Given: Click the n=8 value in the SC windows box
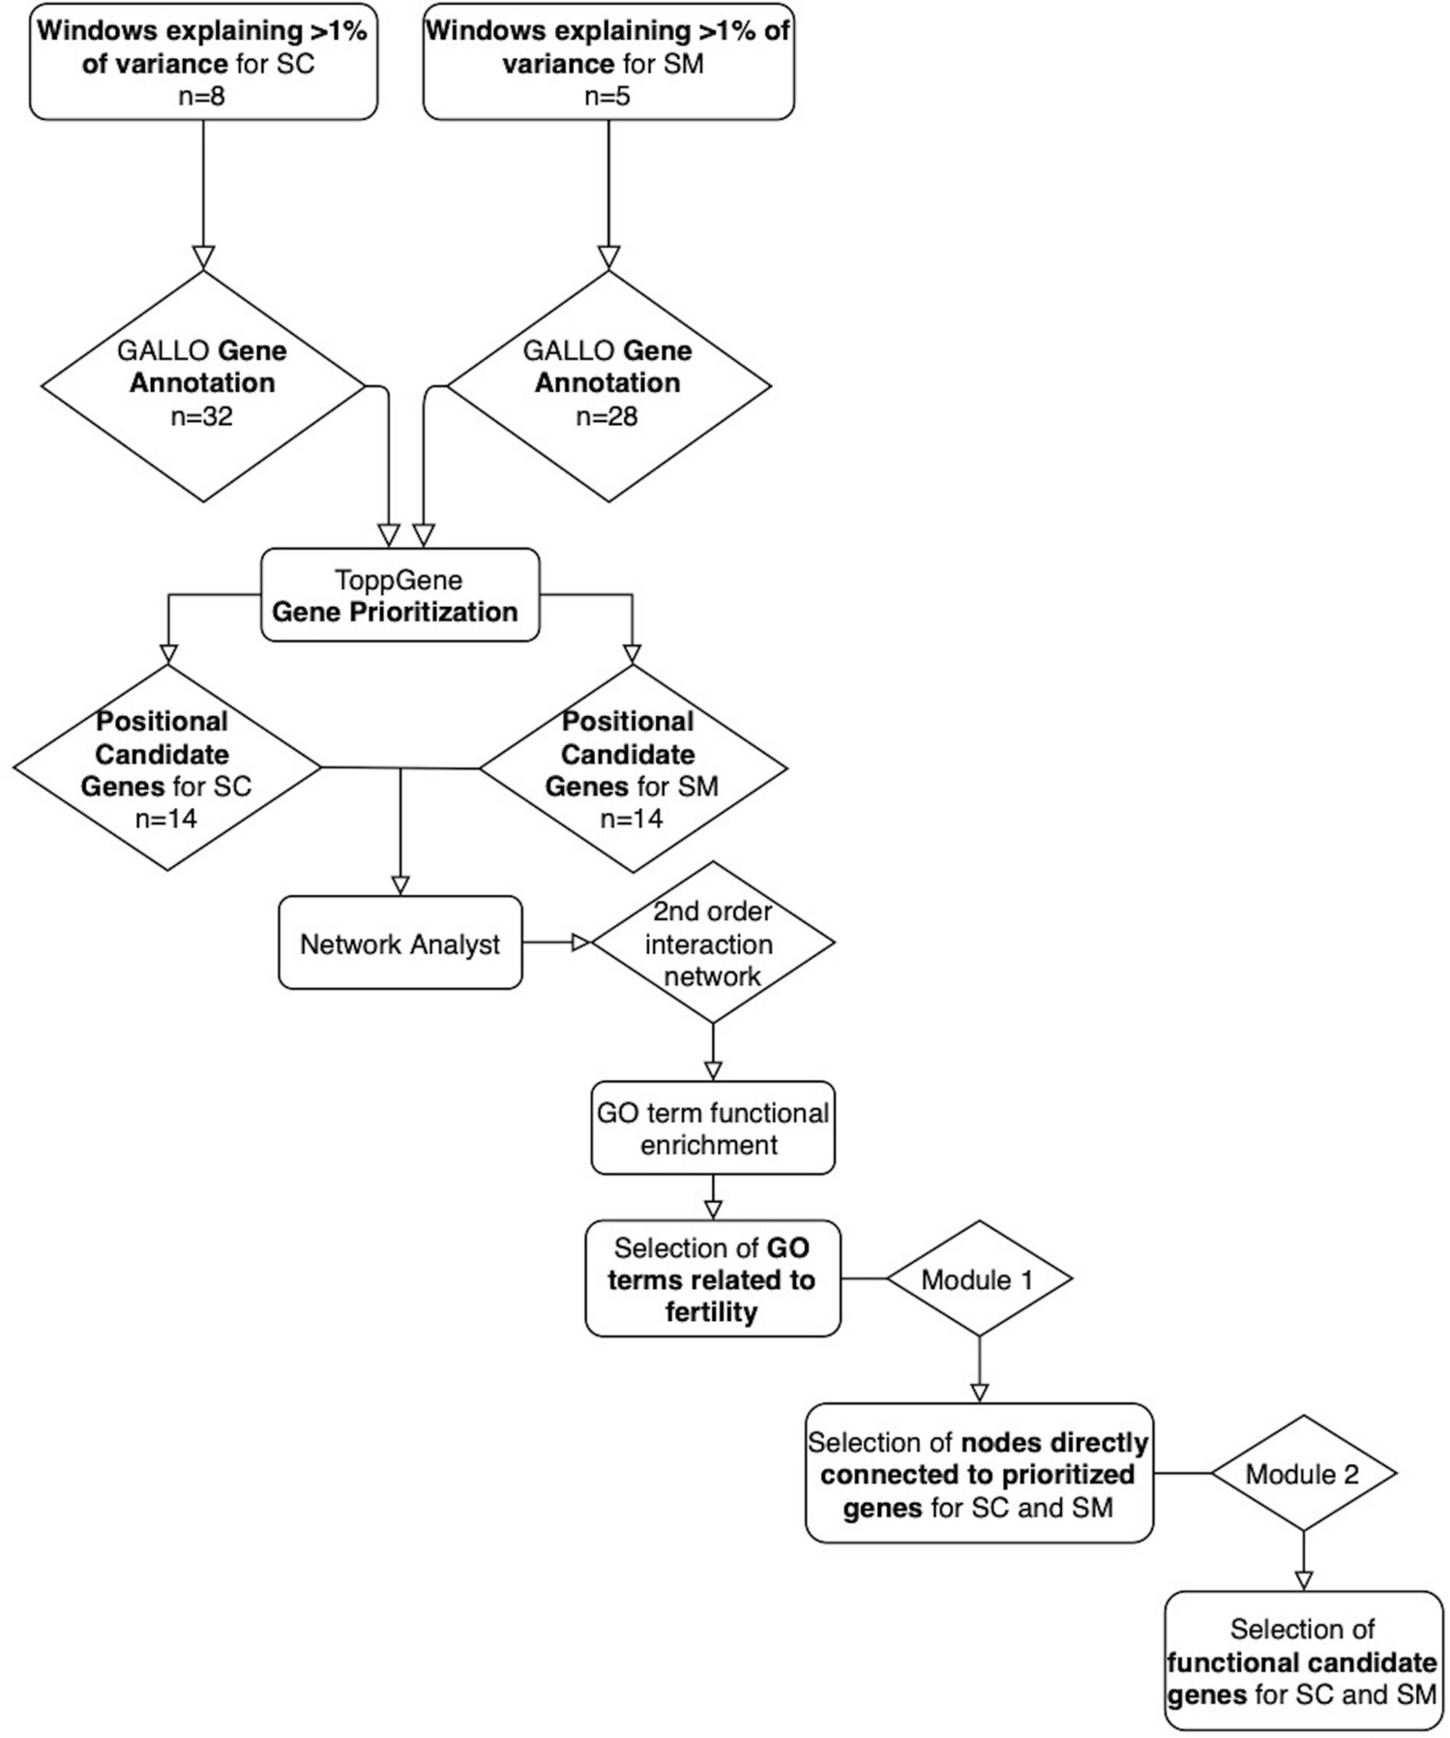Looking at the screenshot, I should tap(202, 96).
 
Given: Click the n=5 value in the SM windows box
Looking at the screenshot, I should tap(607, 96).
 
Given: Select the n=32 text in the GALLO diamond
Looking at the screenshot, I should tap(202, 416).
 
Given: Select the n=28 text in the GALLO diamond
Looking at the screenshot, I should tap(607, 416).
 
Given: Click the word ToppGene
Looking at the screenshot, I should tap(399, 580).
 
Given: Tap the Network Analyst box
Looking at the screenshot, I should tap(399, 944).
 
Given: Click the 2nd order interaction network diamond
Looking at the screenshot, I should tap(712, 944).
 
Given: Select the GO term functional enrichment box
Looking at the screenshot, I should tap(712, 1128).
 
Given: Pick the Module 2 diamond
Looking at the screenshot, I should tap(1302, 1474).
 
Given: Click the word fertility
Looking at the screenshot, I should tap(711, 1312).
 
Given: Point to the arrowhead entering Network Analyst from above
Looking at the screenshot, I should tap(399, 885).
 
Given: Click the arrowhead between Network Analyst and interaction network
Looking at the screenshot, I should tap(580, 943).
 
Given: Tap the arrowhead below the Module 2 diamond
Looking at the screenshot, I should tap(1303, 1580).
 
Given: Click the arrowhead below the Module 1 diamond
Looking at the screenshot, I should tap(979, 1393).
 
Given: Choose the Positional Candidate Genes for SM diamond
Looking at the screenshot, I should tap(632, 769).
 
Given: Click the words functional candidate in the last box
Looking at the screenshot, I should tap(1301, 1663).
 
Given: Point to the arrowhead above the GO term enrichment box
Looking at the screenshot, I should tap(713, 1070).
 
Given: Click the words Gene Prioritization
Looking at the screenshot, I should tap(395, 612).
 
